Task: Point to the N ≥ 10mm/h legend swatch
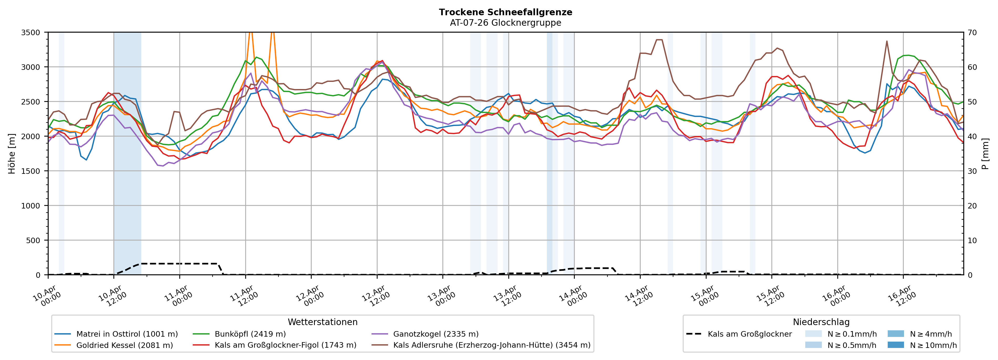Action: (x=895, y=345)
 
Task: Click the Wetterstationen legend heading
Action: (x=322, y=322)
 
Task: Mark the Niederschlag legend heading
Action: (x=821, y=322)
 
